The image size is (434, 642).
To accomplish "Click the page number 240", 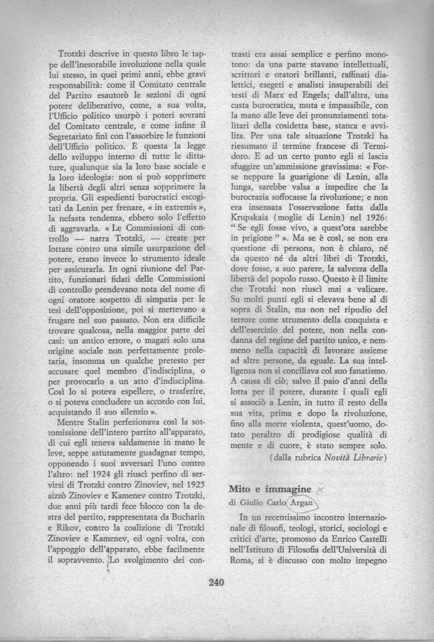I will [216, 581].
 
